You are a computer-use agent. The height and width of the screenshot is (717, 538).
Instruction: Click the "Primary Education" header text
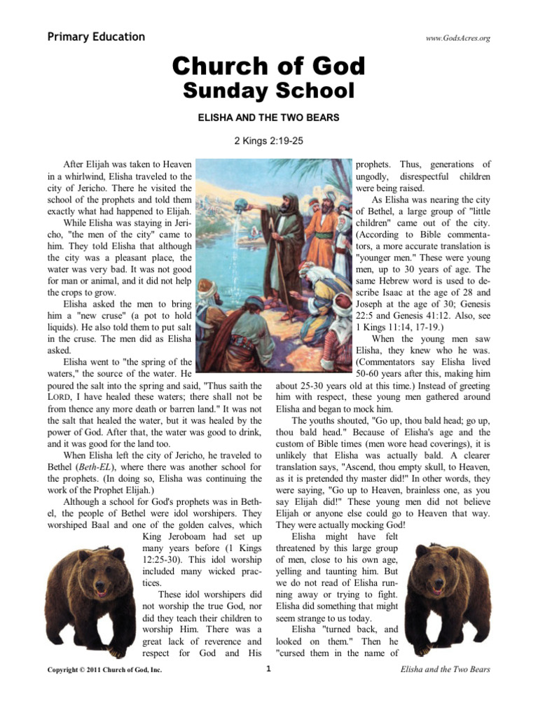96,37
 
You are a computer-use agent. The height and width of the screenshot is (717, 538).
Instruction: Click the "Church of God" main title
269,67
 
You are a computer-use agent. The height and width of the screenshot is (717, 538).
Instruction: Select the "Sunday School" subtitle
269,90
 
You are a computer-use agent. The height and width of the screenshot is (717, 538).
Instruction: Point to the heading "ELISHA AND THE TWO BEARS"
269,118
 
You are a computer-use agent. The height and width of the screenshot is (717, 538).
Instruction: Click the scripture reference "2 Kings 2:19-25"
269,141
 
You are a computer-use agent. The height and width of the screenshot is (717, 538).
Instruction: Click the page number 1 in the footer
268,669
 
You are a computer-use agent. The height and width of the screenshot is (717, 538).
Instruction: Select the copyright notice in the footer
103,670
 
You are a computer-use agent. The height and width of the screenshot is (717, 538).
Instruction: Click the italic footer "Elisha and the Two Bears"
445,669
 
